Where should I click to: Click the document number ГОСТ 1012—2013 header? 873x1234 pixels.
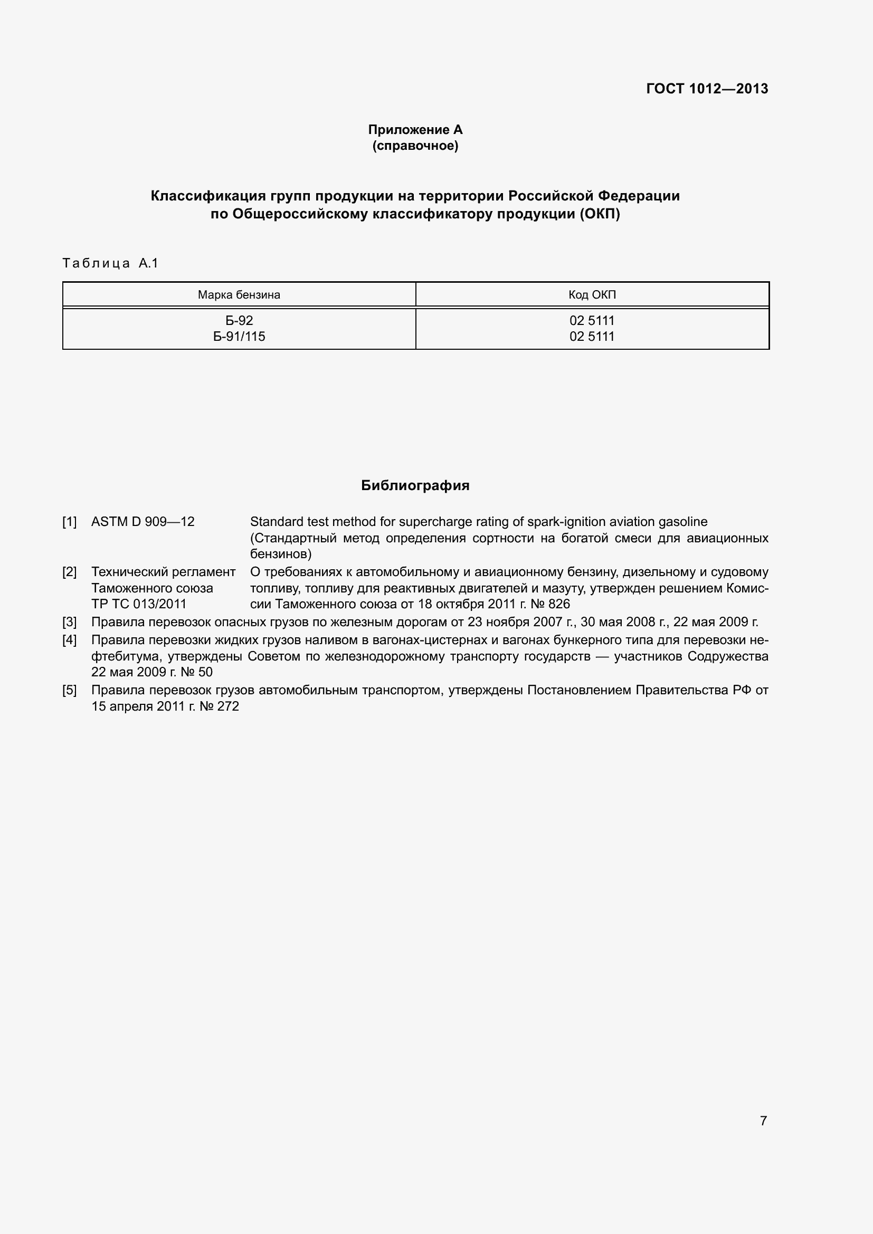tap(707, 89)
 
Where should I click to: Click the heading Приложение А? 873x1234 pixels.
tap(415, 130)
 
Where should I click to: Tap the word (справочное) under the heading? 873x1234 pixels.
tap(415, 146)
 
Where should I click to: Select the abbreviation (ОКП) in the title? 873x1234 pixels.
tap(600, 214)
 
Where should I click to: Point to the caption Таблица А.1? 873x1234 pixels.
tap(110, 263)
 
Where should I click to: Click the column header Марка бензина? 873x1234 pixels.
tap(239, 294)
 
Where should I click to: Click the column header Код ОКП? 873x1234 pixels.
tap(592, 294)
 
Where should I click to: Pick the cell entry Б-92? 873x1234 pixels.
tap(239, 320)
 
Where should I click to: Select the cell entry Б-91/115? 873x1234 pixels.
tap(239, 337)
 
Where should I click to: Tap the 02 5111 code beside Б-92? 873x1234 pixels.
tap(592, 320)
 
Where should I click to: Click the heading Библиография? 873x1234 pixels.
tap(415, 485)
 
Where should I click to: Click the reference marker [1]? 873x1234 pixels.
tap(69, 521)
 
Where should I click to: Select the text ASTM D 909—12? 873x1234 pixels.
tap(143, 521)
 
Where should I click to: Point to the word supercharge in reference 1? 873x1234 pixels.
tap(430, 521)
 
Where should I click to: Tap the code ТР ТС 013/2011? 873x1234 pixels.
tap(139, 604)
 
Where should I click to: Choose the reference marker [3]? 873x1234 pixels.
tap(69, 622)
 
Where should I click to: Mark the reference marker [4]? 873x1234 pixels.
tap(69, 640)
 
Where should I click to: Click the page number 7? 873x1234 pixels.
tap(763, 1121)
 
